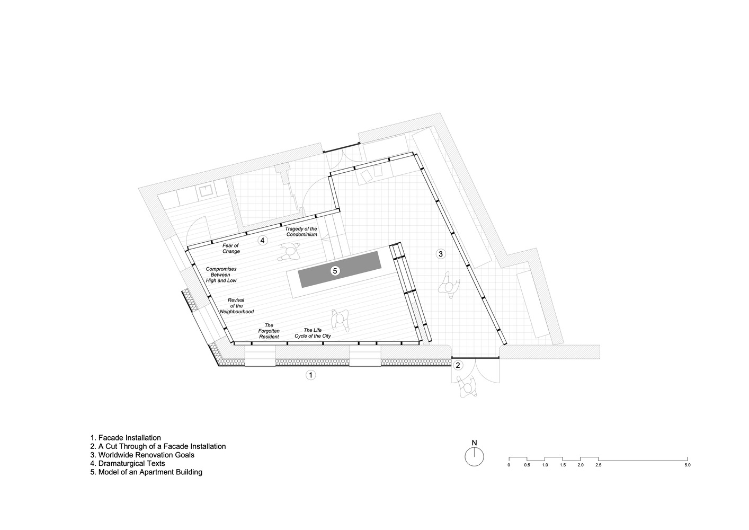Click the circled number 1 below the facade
tap(310, 375)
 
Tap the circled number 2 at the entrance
tap(458, 365)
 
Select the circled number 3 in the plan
tap(441, 254)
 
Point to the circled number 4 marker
tap(263, 240)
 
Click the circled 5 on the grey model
tap(335, 271)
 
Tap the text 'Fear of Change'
tap(231, 248)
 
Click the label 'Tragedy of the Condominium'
tap(301, 232)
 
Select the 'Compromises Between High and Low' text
tap(221, 275)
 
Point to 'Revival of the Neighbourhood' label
tap(236, 306)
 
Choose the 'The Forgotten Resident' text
tap(269, 331)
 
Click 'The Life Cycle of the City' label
tap(313, 333)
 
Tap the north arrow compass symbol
tap(474, 454)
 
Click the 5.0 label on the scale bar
tap(688, 465)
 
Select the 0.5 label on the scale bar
tap(527, 465)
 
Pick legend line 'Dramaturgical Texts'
tap(128, 463)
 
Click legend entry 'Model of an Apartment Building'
tap(146, 472)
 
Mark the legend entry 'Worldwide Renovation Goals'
tap(142, 455)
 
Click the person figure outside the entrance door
tap(467, 387)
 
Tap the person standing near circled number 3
tap(449, 286)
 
